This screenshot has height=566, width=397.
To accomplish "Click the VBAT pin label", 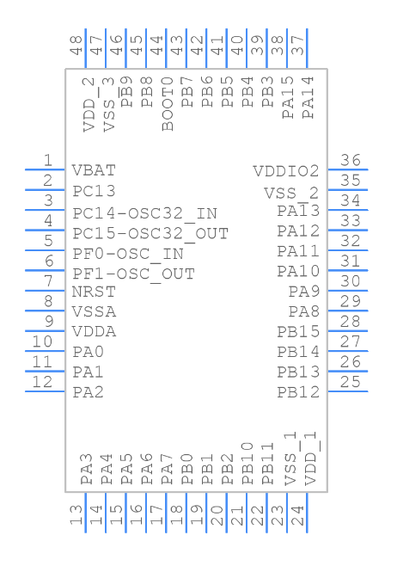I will click(x=94, y=170).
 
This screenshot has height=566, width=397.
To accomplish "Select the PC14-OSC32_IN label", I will click(x=144, y=212).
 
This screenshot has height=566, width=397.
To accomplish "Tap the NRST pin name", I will click(x=94, y=292).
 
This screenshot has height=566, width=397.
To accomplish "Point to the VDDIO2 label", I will click(x=285, y=171).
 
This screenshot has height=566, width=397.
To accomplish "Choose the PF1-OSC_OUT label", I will click(x=133, y=274).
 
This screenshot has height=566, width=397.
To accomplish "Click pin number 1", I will click(x=49, y=160).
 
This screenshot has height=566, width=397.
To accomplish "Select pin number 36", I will click(x=350, y=160).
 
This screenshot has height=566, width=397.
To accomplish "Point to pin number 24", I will click(x=297, y=516).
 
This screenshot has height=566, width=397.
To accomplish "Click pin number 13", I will click(x=76, y=516).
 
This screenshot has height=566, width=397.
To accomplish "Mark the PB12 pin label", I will click(x=298, y=392).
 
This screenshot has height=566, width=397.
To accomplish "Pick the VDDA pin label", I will click(x=95, y=331).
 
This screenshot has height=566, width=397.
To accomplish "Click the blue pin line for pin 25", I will click(x=347, y=392).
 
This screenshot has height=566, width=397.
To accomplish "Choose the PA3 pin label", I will click(x=87, y=471).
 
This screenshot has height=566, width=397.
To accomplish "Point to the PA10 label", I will click(x=298, y=272).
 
